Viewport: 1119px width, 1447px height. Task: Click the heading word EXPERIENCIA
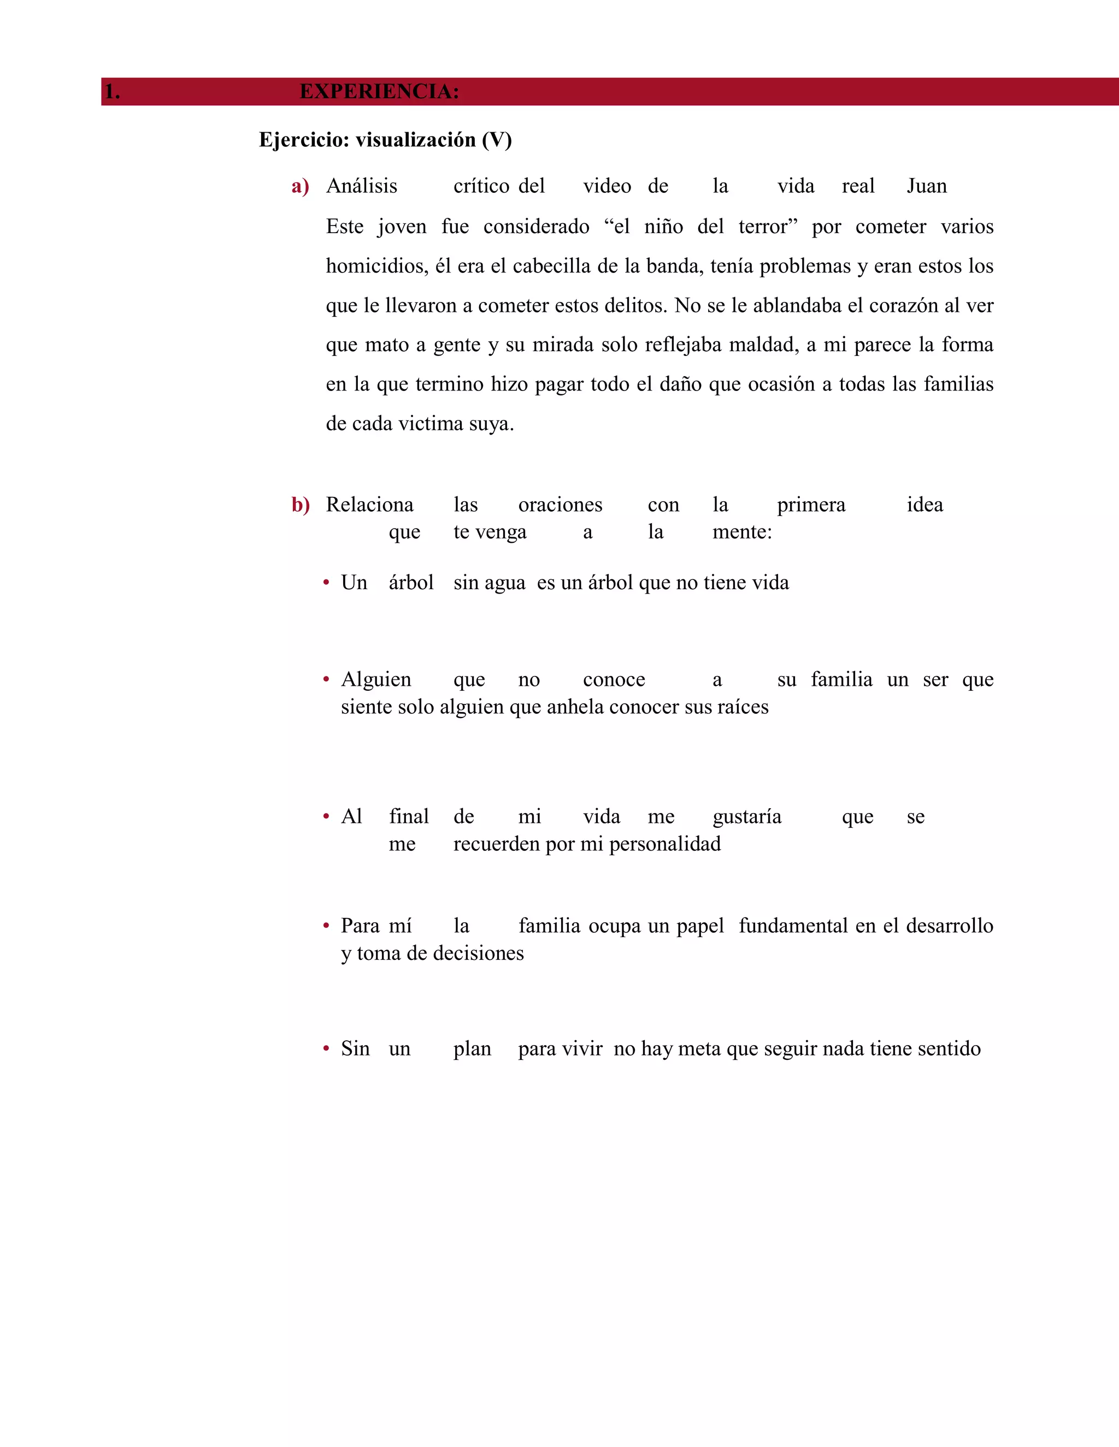click(379, 91)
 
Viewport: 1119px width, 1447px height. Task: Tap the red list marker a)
click(301, 187)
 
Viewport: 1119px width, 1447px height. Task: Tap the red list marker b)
click(301, 506)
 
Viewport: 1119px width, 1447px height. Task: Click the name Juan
click(927, 186)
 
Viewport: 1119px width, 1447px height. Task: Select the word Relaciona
click(369, 505)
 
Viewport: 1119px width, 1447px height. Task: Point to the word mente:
click(742, 532)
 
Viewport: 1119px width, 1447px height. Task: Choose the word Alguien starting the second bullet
click(376, 680)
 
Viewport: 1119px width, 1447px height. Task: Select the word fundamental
click(793, 926)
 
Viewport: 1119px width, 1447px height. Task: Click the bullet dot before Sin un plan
click(326, 1049)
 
